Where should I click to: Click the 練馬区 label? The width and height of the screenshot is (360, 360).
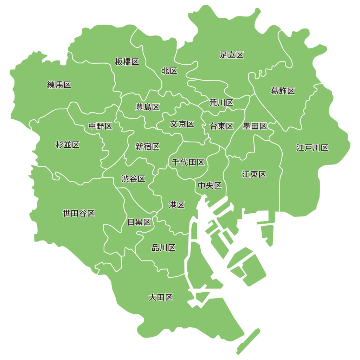59,85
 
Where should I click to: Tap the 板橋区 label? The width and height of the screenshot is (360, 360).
127,62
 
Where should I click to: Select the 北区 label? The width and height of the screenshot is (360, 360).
169,71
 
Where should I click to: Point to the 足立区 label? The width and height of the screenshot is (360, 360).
232,55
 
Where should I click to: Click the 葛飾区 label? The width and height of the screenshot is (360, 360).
283,91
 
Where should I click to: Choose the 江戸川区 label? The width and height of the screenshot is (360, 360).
312,148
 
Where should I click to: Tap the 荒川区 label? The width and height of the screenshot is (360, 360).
221,103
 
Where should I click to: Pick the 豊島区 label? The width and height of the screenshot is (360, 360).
148,107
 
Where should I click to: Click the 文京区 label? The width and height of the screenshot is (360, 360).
182,124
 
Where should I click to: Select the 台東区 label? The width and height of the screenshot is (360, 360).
221,126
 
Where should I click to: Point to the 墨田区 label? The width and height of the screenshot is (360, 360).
255,126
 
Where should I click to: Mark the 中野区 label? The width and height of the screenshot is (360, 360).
100,126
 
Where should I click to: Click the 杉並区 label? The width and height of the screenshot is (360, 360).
67,144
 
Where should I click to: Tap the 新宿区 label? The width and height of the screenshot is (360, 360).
148,147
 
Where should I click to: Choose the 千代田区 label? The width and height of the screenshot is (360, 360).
188,162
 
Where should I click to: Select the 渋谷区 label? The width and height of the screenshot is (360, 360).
133,179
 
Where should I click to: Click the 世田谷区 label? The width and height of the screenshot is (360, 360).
79,213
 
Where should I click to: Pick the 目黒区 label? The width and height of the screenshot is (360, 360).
139,222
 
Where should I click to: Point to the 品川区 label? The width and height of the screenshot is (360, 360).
163,248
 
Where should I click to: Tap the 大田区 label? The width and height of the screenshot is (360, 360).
161,298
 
